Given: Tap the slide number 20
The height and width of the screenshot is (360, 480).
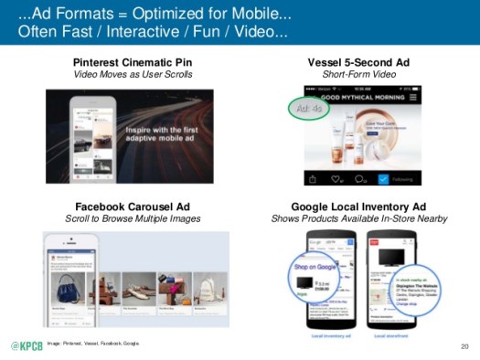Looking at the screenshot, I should (x=464, y=347).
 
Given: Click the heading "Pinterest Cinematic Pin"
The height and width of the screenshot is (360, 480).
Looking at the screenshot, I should (x=133, y=62).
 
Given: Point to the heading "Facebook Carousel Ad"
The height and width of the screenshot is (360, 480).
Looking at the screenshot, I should (x=133, y=206).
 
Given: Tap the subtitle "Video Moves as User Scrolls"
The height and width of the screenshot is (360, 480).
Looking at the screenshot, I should (x=133, y=74).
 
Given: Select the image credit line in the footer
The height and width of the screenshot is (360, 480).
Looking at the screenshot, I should (x=94, y=344).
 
